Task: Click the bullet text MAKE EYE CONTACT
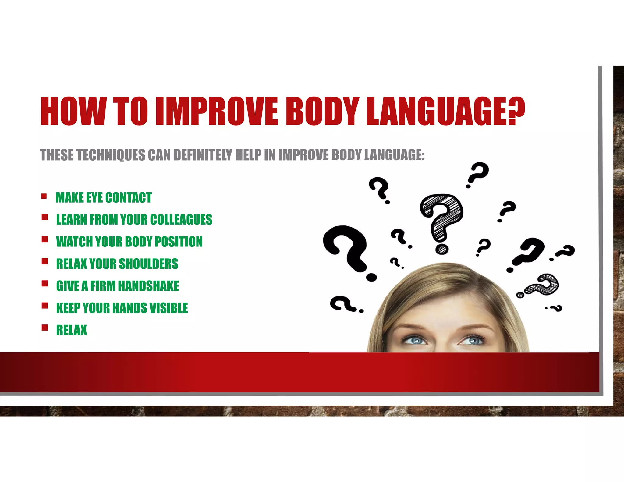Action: (104, 198)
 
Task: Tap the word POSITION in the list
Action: (179, 242)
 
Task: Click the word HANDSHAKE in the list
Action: (148, 286)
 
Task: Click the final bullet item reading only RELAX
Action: (72, 330)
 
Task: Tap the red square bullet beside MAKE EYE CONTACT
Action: (44, 196)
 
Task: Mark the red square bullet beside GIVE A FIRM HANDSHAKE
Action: (45, 284)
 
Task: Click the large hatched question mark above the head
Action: (442, 222)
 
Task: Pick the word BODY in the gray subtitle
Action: (346, 155)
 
